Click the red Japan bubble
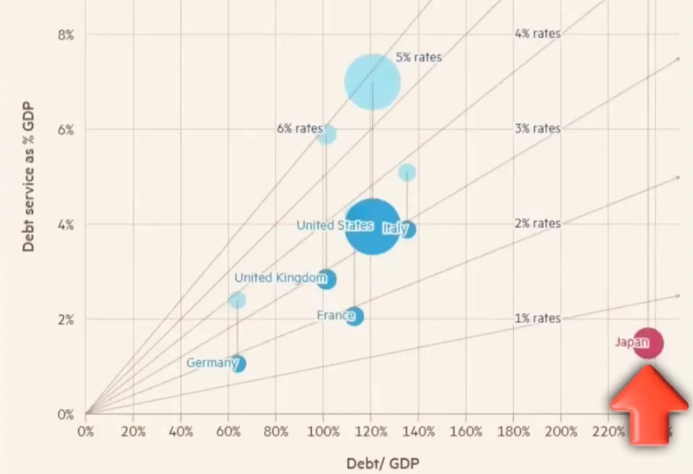coord(648,343)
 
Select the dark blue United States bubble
coord(372,226)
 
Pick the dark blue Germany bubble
coord(237,363)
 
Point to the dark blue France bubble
coord(354,316)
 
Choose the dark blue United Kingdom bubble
coord(326,279)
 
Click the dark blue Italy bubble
coord(407,229)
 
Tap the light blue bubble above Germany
coord(237,300)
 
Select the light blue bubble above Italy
coord(407,172)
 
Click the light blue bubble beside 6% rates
coord(327,134)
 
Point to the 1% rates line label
coord(537,319)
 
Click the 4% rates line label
coord(537,33)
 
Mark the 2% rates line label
coord(537,224)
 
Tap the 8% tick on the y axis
coord(65,34)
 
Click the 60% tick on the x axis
coord(228,431)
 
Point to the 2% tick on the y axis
coord(65,319)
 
